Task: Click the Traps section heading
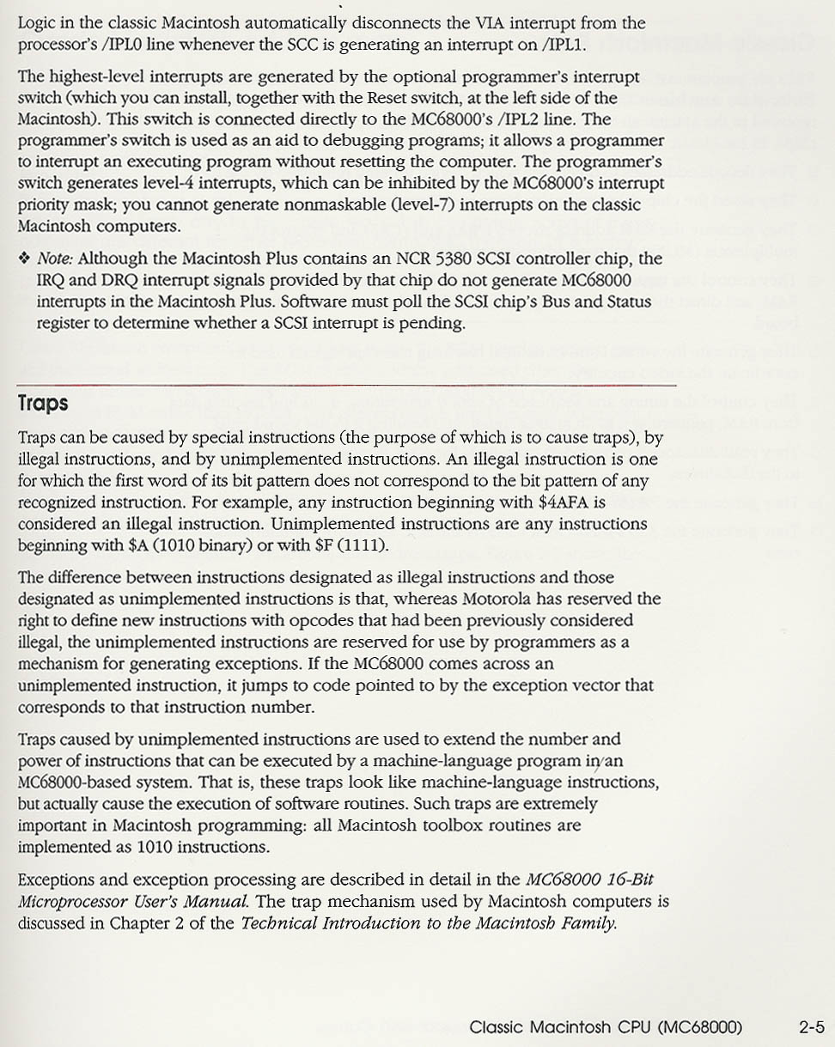pyautogui.click(x=43, y=404)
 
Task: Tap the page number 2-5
pyautogui.click(x=811, y=1026)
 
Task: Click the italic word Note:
pyautogui.click(x=56, y=259)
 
